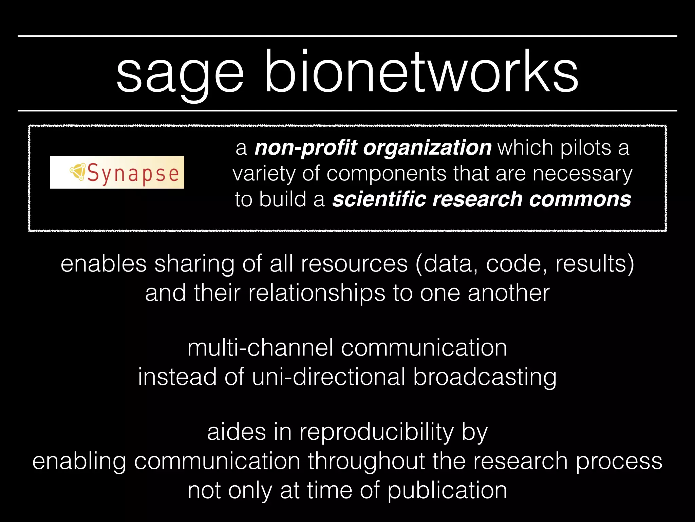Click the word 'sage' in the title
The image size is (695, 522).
[180, 73]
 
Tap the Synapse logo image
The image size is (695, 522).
[117, 172]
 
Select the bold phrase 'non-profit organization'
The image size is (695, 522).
[373, 148]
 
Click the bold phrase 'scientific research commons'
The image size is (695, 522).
[482, 199]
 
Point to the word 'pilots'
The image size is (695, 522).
[585, 148]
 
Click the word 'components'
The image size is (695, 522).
[386, 174]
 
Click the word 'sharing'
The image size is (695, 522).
[194, 264]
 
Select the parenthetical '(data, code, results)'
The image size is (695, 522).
[525, 264]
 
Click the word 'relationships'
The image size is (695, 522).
[316, 293]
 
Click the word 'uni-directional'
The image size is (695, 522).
[328, 377]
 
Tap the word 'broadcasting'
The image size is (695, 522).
[485, 378]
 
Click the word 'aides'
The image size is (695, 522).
[237, 432]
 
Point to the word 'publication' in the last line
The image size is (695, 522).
[447, 491]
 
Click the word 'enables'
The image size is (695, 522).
[104, 264]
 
